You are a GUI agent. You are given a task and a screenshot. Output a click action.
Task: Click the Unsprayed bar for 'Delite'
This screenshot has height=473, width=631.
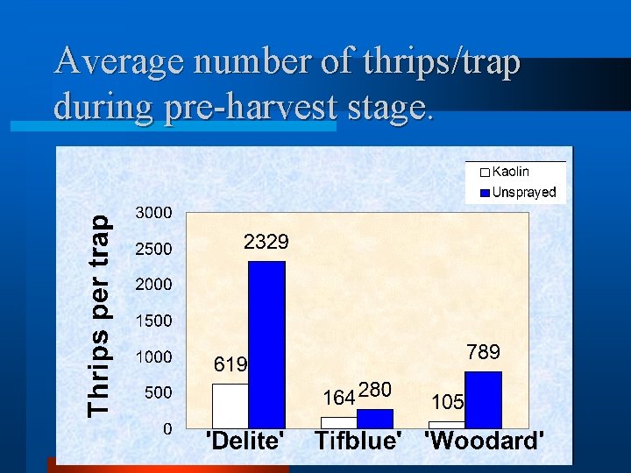(x=266, y=344)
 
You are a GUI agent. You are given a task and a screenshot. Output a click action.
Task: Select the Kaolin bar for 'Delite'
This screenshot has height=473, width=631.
(x=230, y=406)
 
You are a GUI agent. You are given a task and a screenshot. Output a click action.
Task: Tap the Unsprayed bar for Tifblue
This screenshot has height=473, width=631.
(x=374, y=418)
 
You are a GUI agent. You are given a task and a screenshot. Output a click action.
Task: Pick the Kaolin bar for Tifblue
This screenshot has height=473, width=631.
(x=338, y=422)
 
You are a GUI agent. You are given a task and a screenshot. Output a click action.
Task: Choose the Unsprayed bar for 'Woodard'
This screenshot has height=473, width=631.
(x=483, y=399)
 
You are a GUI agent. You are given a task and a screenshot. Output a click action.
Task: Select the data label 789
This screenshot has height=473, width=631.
(x=483, y=352)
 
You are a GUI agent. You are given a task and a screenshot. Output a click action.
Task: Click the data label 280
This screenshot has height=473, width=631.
(x=374, y=389)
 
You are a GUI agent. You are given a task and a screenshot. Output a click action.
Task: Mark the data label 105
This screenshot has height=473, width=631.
(x=446, y=402)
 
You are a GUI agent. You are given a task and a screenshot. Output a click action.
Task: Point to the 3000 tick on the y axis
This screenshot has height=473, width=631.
(x=153, y=213)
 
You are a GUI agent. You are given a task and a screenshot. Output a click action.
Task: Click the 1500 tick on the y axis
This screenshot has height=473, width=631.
(x=153, y=321)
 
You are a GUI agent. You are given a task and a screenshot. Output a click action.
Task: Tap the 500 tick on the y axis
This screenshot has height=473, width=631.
(x=158, y=393)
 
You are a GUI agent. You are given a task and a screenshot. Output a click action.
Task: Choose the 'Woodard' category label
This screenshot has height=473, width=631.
(x=484, y=441)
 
